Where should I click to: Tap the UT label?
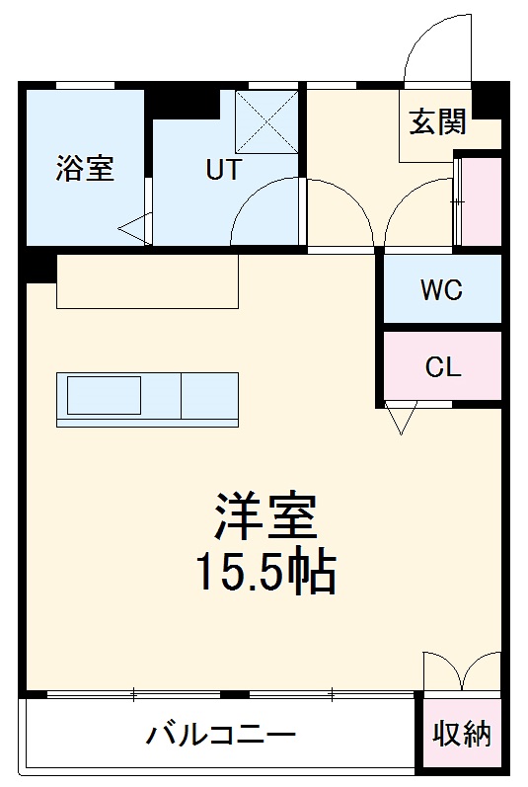[x=223, y=170]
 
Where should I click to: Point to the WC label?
[x=441, y=290]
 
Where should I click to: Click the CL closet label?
[x=442, y=367]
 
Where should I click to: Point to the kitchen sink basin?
[x=104, y=397]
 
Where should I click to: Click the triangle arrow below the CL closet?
[x=399, y=419]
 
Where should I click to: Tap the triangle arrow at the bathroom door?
[x=135, y=229]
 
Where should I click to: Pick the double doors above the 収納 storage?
[x=460, y=672]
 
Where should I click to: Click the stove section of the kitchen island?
[x=209, y=397]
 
